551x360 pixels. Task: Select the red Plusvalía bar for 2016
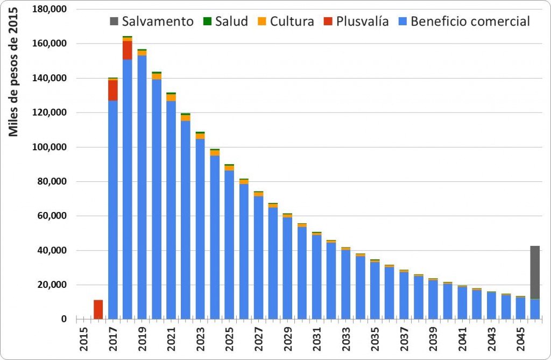click(98, 309)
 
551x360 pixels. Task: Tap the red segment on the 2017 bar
click(113, 90)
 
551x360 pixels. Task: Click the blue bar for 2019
click(142, 188)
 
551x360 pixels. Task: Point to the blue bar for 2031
click(316, 277)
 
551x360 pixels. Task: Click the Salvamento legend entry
click(151, 22)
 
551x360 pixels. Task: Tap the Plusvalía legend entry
click(356, 22)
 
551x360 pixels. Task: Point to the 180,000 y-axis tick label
click(48, 9)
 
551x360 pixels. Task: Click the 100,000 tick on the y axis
click(48, 147)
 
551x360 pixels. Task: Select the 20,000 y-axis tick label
click(52, 285)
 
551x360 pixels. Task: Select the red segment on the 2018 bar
click(128, 50)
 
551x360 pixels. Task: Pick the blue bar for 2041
click(462, 303)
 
